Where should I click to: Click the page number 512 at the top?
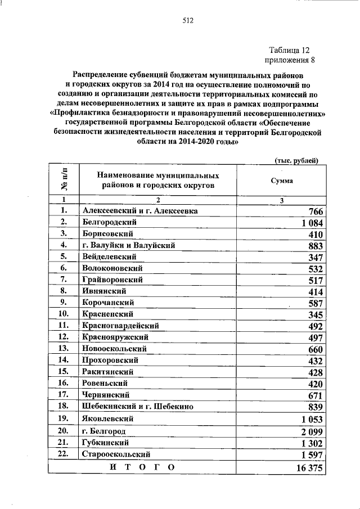188,21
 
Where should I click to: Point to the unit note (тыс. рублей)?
296,160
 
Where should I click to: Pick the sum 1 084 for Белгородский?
308,223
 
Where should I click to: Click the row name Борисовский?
108,233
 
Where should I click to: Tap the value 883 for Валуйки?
313,246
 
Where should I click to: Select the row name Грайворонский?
112,280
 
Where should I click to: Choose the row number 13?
64,349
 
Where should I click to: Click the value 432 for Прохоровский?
313,361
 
